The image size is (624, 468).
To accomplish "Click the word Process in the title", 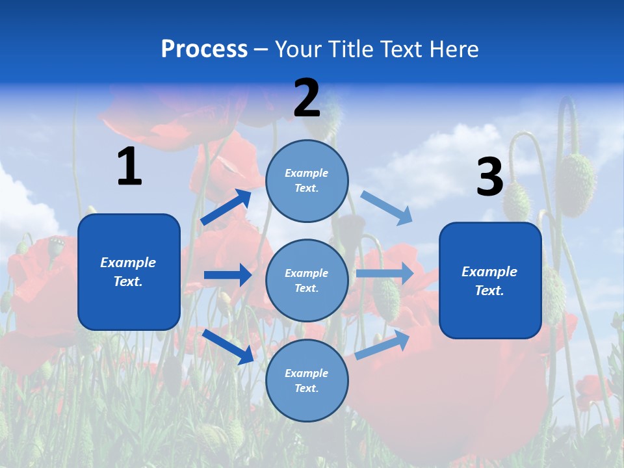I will [204, 49].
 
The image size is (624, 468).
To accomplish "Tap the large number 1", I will [129, 167].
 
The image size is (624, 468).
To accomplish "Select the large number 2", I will [307, 98].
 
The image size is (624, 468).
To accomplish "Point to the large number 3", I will [489, 177].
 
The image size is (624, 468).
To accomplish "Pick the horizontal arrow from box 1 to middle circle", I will [227, 275].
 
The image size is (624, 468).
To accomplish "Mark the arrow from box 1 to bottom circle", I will [227, 346].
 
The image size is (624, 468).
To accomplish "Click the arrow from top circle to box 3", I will [387, 208].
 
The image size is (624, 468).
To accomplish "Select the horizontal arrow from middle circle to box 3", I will [385, 274].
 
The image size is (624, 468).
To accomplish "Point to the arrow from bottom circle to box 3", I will [382, 345].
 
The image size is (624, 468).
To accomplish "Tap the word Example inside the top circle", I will [306, 173].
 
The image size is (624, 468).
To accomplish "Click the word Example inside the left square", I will [128, 263].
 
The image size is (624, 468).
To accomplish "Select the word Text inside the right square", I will [489, 291].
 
